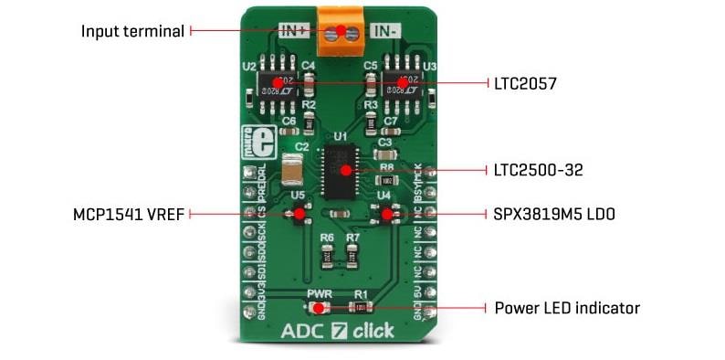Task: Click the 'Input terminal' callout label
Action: pyautogui.click(x=132, y=31)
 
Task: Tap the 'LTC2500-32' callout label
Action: pyautogui.click(x=538, y=170)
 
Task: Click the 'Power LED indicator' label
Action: pyautogui.click(x=566, y=308)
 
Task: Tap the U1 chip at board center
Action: pyautogui.click(x=344, y=170)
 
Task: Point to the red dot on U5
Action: pyautogui.click(x=299, y=215)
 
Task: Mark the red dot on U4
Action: pyautogui.click(x=386, y=215)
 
